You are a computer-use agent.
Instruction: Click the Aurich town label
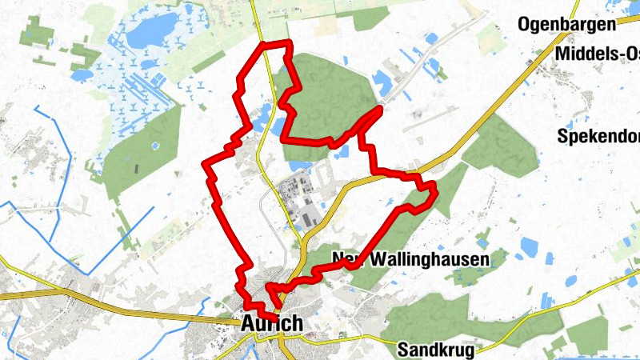[271, 324]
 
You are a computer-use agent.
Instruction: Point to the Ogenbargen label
[566, 24]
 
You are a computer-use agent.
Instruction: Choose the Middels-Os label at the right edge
[599, 53]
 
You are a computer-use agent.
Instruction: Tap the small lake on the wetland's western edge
[82, 74]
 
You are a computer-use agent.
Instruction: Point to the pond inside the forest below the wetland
[151, 146]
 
